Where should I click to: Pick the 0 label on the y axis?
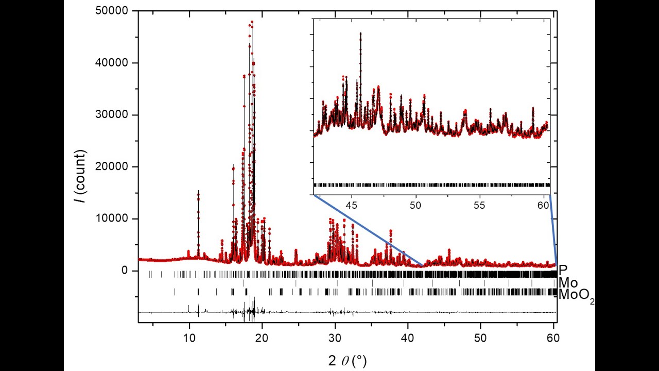click(x=125, y=271)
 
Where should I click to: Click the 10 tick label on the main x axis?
click(x=189, y=338)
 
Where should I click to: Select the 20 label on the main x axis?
click(x=262, y=338)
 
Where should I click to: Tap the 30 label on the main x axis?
click(x=335, y=338)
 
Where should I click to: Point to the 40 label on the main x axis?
click(x=408, y=338)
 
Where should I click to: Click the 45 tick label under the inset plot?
click(x=352, y=205)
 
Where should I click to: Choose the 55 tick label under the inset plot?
click(x=479, y=205)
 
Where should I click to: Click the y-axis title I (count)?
click(x=80, y=176)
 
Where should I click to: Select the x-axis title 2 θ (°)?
click(x=348, y=361)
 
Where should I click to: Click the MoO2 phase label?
click(x=577, y=295)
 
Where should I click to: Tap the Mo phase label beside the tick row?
click(x=568, y=283)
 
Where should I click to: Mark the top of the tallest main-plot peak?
click(x=252, y=22)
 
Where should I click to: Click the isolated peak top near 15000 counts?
click(x=198, y=191)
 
